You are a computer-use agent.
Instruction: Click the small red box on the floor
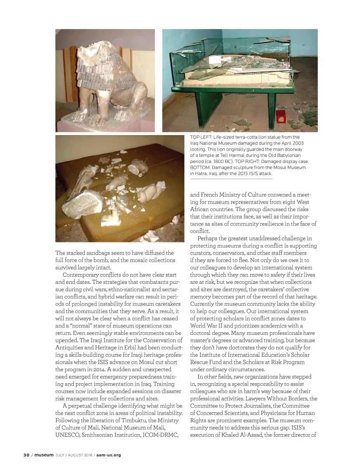coord(281,116)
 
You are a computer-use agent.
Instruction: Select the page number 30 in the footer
coord(26,455)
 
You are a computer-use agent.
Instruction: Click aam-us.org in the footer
coord(109,455)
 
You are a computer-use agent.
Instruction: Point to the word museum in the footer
coord(44,455)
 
